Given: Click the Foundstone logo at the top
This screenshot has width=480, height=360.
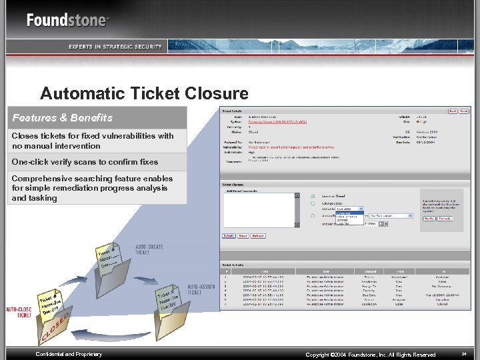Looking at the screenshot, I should tap(67, 20).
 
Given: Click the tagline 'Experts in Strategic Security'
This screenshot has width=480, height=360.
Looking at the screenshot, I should tap(115, 46).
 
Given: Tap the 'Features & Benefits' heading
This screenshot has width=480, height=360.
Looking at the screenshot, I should tap(62, 118).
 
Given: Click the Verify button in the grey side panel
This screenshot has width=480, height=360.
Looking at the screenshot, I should tap(429, 218).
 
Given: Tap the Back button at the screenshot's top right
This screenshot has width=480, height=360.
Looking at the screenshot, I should tap(453, 111).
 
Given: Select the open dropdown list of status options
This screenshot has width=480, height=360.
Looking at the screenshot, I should tap(349, 219).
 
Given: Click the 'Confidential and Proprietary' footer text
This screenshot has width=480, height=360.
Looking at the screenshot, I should tap(69, 354).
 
